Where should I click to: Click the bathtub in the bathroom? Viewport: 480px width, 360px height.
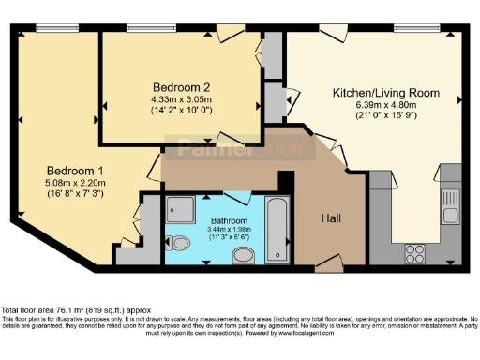click(277, 230)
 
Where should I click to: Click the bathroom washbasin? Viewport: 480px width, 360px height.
click(243, 255)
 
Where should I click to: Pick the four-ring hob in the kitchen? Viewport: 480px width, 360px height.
click(414, 251)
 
